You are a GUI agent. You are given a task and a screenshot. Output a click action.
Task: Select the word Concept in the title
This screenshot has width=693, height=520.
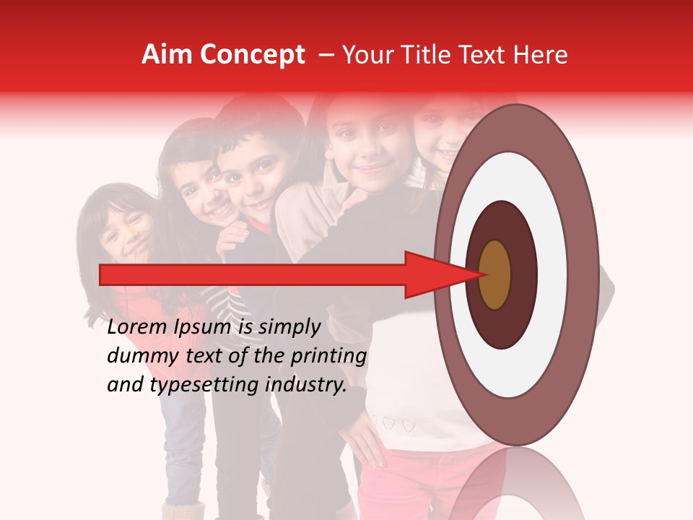click(252, 55)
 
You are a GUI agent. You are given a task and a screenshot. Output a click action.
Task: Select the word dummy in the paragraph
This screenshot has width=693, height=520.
click(138, 356)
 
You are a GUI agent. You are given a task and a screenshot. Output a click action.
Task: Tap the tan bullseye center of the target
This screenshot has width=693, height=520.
click(495, 275)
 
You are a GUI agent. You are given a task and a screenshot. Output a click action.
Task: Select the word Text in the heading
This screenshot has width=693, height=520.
click(487, 55)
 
